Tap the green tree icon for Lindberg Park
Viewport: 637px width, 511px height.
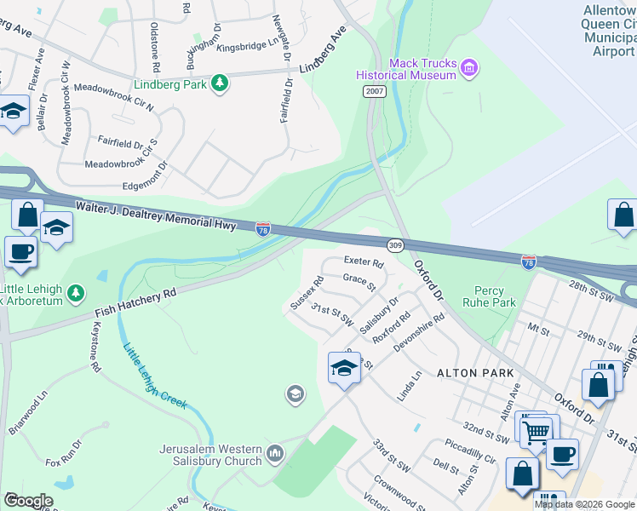(221, 83)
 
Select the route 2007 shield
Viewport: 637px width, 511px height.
(372, 91)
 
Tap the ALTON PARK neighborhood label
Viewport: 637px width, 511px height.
(475, 373)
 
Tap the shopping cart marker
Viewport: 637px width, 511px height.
(536, 431)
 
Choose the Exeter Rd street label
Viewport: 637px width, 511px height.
(364, 261)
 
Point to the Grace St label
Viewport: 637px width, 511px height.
(359, 281)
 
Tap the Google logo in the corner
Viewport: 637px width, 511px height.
(29, 501)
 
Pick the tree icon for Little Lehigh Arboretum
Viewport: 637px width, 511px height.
(76, 294)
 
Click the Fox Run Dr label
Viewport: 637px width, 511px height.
(65, 453)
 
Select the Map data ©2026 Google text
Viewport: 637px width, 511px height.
(584, 504)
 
